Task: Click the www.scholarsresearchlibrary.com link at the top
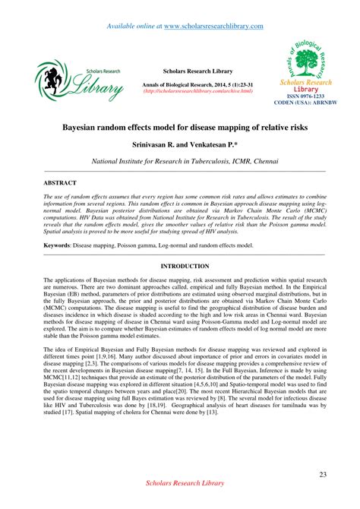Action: click(x=213, y=26)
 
